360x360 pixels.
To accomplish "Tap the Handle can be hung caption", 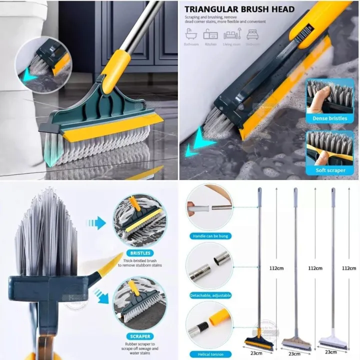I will coord(209,235).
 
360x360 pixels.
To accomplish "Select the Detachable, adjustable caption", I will coord(209,295).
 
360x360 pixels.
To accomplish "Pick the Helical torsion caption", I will coord(209,354).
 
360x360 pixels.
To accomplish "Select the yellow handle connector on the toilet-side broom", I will coord(119,65).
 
